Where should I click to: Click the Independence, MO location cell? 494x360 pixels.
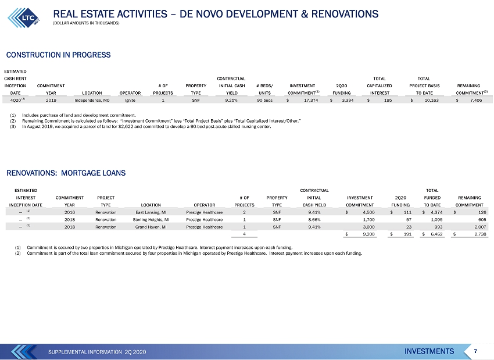[92, 100]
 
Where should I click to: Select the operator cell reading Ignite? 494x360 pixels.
[130, 100]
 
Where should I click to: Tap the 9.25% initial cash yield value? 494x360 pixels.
[231, 100]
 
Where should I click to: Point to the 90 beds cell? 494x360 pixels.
[264, 100]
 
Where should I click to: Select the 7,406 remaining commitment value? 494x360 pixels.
[475, 100]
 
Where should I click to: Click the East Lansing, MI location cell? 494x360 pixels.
[151, 212]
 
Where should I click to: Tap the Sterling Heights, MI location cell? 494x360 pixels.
[151, 220]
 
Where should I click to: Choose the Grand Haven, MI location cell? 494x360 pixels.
[151, 227]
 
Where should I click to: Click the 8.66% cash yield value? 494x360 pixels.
[314, 220]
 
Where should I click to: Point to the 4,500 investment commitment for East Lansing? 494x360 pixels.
[368, 212]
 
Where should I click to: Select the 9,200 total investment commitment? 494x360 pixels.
[368, 234]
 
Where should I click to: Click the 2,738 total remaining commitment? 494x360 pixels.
[480, 234]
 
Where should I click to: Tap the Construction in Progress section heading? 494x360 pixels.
[58, 55]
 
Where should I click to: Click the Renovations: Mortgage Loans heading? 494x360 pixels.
[66, 173]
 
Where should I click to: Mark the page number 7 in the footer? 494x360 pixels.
[475, 351]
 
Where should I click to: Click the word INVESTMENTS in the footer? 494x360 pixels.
[429, 351]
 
